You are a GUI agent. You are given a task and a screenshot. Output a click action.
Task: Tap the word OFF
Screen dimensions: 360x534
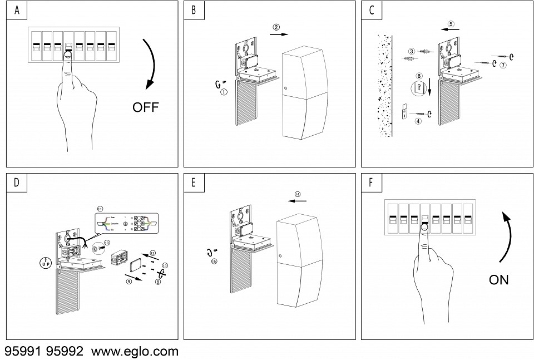[145, 107]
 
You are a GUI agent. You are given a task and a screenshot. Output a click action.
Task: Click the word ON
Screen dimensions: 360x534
[498, 279]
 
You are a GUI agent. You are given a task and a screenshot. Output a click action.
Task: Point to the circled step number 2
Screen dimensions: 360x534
[276, 26]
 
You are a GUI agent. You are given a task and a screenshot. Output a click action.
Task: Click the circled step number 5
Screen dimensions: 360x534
[451, 24]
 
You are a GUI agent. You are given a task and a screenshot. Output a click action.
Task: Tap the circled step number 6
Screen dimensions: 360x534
[419, 76]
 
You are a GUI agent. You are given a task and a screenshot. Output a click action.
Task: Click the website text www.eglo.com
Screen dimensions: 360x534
[135, 351]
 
